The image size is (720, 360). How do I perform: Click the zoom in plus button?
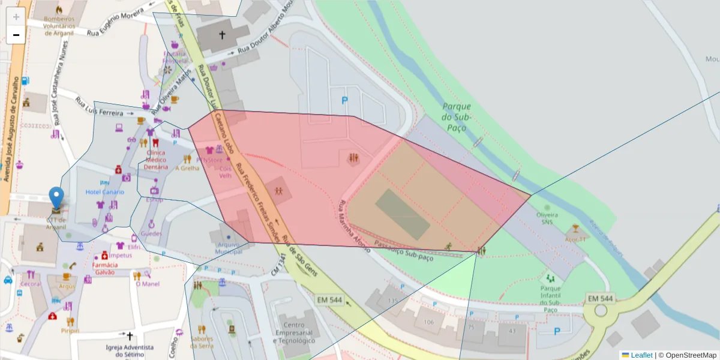(16, 16)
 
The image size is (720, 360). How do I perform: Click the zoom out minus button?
(16, 35)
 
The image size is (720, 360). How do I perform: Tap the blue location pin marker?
(56, 199)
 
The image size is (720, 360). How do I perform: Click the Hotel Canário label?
(104, 192)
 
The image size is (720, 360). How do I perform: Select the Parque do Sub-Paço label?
(458, 117)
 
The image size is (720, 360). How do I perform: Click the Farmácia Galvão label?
(109, 268)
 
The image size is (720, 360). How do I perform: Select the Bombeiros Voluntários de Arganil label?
(59, 26)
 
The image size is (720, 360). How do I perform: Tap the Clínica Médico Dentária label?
(155, 160)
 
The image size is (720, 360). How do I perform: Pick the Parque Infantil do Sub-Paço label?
(550, 299)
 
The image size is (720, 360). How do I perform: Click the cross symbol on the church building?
(222, 35)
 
